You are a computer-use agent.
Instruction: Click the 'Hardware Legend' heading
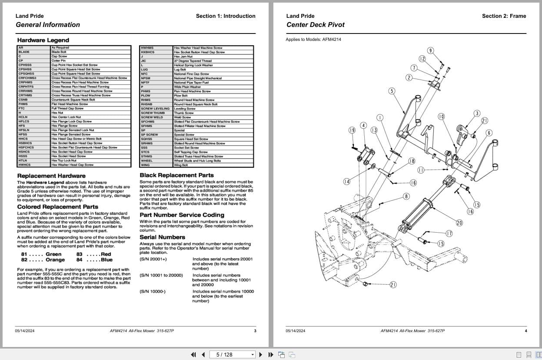(43, 40)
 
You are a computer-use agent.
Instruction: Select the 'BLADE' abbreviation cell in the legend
(24, 52)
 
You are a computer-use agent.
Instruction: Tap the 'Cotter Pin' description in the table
(59, 61)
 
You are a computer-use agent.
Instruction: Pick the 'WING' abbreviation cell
(145, 165)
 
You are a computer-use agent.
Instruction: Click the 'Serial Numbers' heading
(162, 237)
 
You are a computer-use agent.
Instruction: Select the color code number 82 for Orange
(24, 260)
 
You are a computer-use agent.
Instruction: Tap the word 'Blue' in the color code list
(106, 260)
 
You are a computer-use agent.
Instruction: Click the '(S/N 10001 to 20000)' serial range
(161, 275)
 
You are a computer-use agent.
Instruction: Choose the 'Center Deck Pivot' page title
(315, 25)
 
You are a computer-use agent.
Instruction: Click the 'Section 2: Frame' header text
(504, 16)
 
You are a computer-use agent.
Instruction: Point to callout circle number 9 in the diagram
(430, 51)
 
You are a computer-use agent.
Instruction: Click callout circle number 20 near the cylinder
(459, 223)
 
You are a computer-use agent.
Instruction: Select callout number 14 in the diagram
(346, 182)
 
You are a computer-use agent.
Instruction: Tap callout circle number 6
(489, 133)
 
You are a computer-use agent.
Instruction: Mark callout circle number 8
(406, 197)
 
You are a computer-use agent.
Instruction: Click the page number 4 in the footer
(526, 331)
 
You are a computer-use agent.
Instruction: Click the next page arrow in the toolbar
(261, 354)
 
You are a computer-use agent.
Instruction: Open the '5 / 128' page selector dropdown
(253, 355)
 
